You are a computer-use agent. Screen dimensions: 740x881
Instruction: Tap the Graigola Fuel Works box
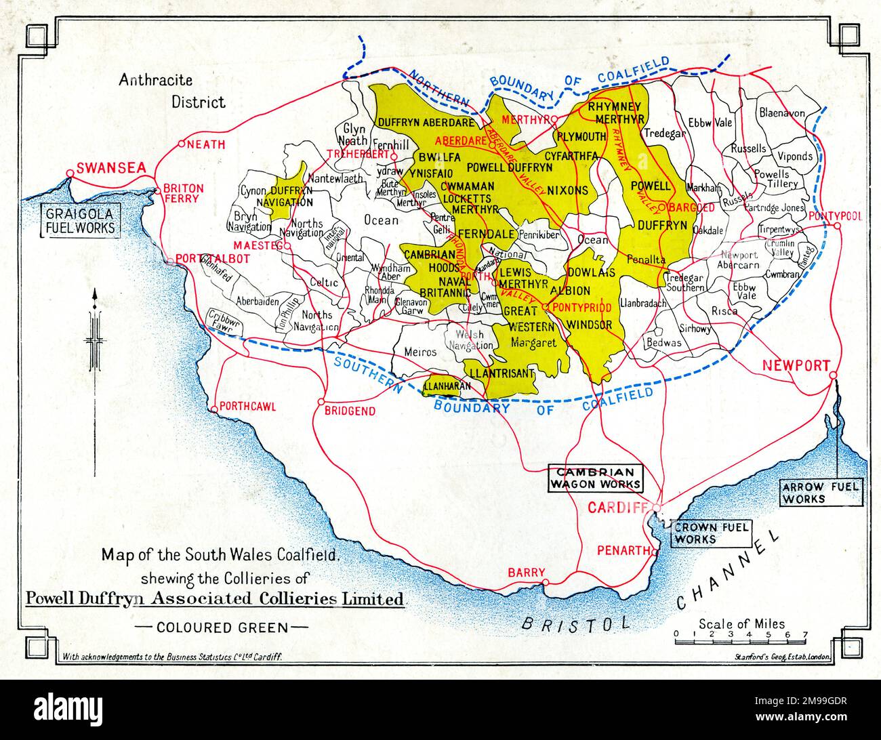click(x=79, y=221)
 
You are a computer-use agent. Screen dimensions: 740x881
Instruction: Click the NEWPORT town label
click(x=796, y=365)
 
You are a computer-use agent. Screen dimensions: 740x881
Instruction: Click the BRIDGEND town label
click(x=349, y=411)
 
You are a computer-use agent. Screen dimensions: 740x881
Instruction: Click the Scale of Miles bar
click(x=739, y=635)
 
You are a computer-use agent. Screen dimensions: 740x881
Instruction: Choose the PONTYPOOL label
click(x=834, y=216)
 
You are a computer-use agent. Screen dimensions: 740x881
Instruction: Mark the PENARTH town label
click(x=623, y=550)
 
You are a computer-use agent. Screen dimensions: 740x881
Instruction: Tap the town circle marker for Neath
click(x=182, y=144)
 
